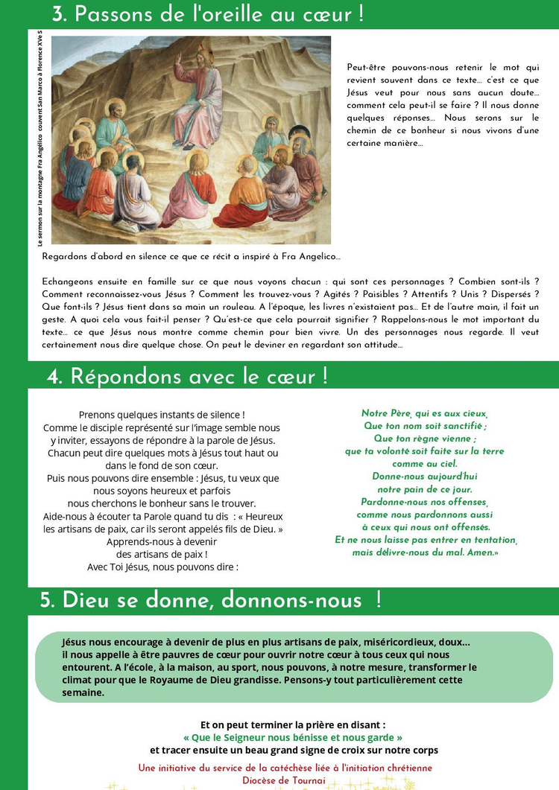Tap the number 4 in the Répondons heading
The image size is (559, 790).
[54, 378]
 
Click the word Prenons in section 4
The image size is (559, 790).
[101, 415]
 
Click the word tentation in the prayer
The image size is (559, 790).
[493, 540]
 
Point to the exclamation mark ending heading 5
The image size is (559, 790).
[379, 600]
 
